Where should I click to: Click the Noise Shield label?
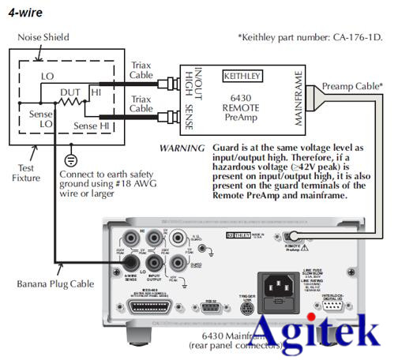click(x=43, y=36)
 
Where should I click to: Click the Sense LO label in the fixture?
click(x=34, y=119)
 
